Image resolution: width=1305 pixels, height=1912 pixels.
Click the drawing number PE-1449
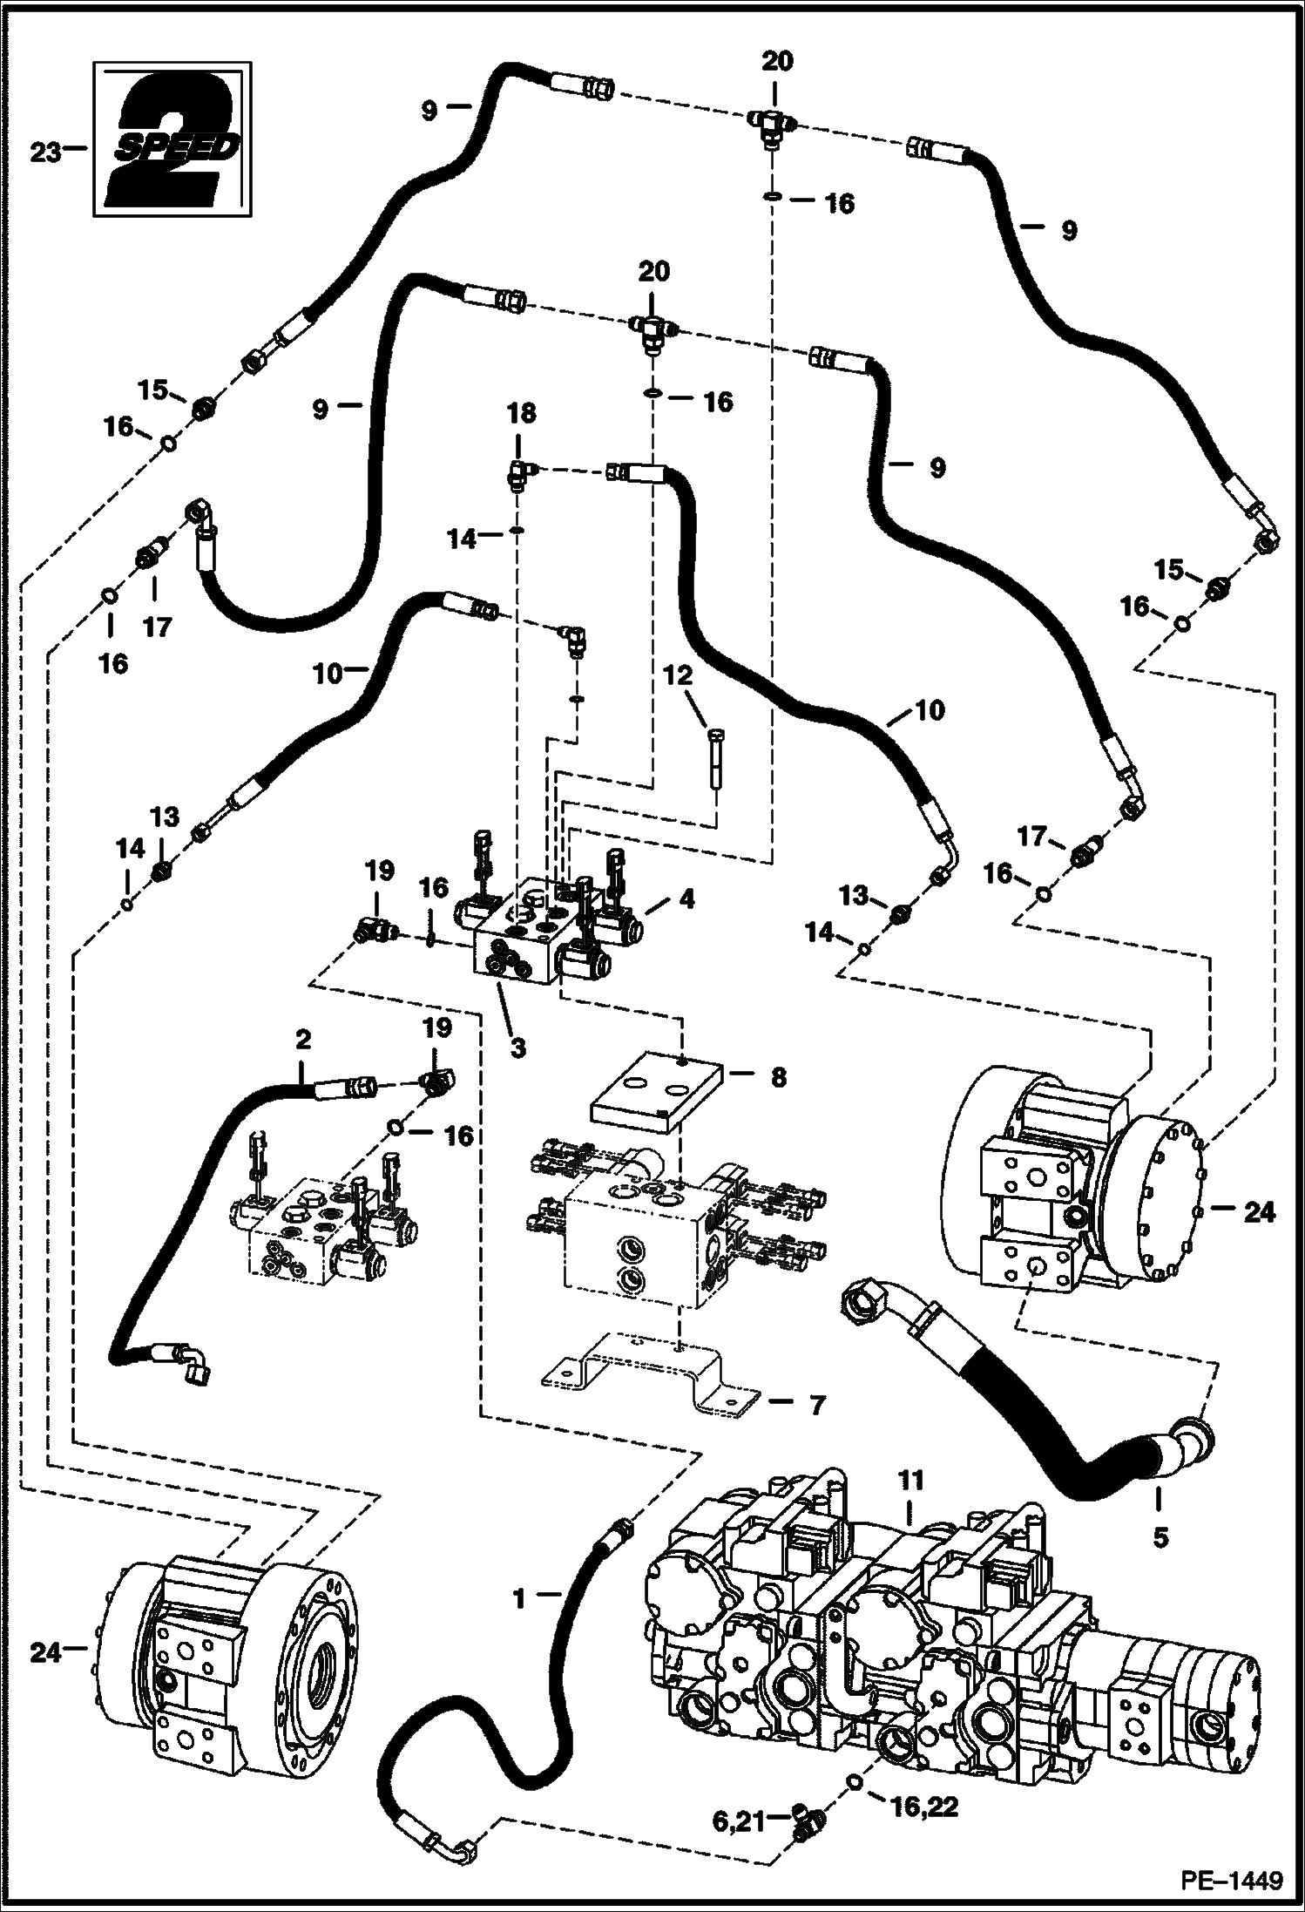tap(1231, 1879)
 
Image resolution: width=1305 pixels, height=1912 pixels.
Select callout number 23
tap(45, 153)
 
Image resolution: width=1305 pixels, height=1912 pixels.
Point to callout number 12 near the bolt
tap(679, 675)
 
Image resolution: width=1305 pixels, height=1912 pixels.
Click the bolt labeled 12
tap(714, 759)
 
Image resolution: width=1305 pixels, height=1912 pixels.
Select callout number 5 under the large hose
tap(1160, 1537)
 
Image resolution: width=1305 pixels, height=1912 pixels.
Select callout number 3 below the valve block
tap(518, 1048)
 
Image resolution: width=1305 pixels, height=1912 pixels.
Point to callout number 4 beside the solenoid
tap(687, 898)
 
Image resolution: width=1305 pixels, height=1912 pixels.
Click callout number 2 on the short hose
tap(302, 1039)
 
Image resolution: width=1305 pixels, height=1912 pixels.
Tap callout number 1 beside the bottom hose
tap(518, 1598)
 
